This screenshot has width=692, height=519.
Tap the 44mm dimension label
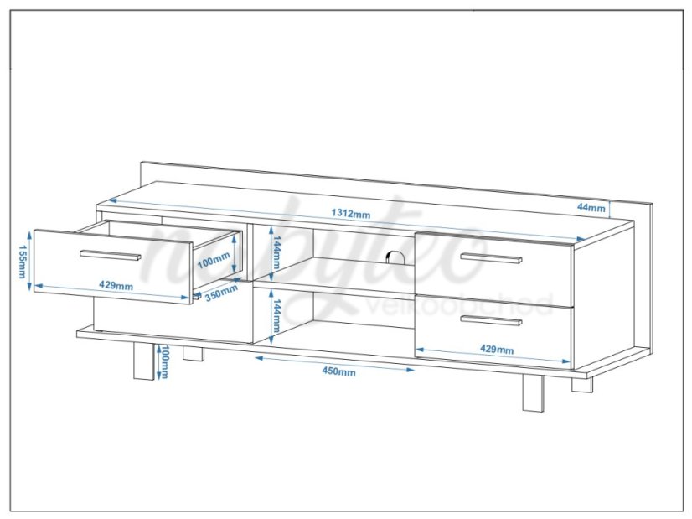point(591,207)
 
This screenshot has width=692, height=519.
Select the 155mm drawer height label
point(22,262)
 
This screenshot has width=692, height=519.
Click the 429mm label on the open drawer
point(116,286)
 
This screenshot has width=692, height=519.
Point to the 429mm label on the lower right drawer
point(497,350)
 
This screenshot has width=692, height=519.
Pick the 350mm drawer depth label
point(221,293)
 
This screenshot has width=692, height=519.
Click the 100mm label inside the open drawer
point(214,261)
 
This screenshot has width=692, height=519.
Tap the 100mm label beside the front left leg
point(164,362)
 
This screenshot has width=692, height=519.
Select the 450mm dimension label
point(339,371)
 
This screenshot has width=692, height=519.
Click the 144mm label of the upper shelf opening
point(276,252)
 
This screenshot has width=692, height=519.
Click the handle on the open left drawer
point(111,255)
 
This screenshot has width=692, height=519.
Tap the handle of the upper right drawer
point(491,258)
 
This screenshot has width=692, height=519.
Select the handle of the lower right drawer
point(491,320)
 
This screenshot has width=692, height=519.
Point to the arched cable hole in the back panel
point(393,257)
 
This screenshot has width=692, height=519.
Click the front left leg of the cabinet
point(143,362)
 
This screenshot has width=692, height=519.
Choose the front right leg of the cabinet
point(532,393)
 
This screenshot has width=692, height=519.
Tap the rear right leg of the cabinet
point(582,384)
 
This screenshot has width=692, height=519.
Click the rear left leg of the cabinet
point(194,355)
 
